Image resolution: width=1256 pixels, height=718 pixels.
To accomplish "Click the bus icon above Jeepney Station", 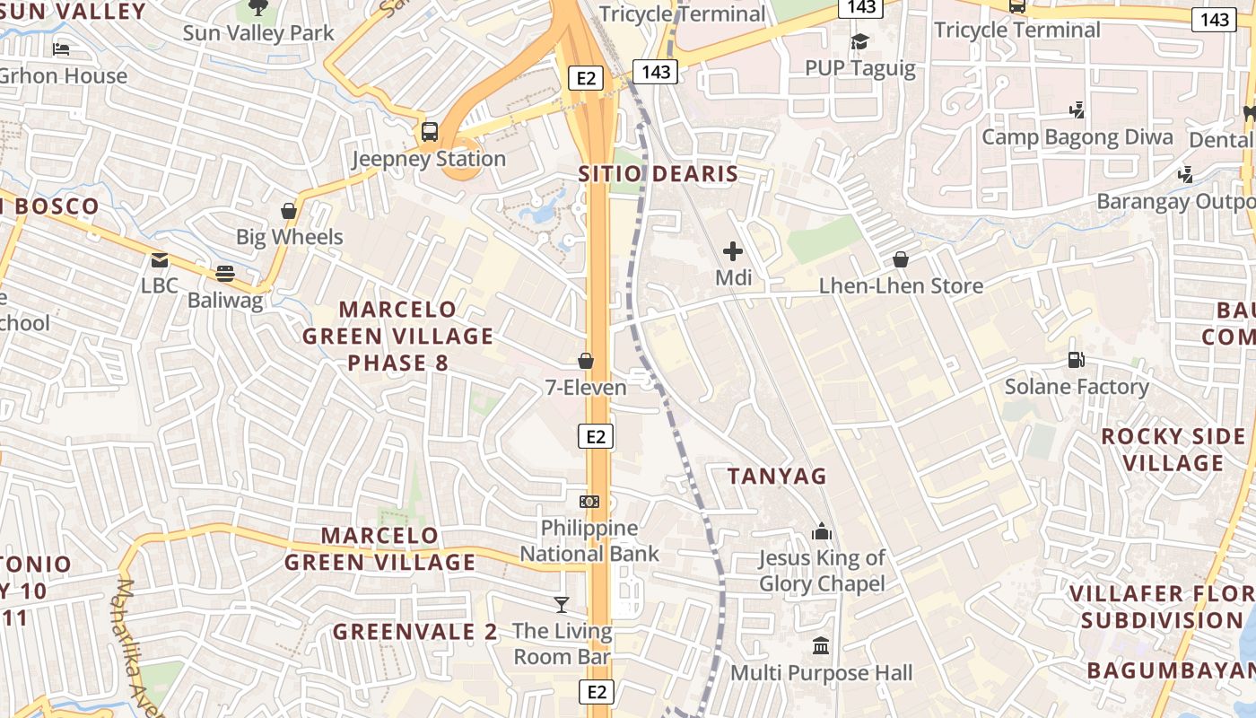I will (x=430, y=132).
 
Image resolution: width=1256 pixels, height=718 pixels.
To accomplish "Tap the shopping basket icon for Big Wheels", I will (x=289, y=211).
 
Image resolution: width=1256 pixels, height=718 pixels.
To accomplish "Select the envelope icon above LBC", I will (x=160, y=260).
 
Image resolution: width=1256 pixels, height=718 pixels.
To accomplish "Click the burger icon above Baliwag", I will (x=225, y=274).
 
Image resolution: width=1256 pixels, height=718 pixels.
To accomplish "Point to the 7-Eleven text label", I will (x=586, y=388).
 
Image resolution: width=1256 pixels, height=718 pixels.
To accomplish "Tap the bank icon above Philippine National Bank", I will (x=589, y=501).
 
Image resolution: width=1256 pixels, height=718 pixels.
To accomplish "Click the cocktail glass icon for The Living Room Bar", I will (x=562, y=604).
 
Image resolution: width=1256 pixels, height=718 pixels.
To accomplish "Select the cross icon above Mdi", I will (x=733, y=251).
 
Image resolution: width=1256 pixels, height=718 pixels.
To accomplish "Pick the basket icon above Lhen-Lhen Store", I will (x=901, y=259).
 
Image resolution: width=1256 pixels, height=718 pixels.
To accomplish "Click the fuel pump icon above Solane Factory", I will (x=1076, y=360).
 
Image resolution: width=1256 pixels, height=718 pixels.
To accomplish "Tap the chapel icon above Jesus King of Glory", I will (x=822, y=531).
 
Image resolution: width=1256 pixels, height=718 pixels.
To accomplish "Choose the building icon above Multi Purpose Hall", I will (x=821, y=645).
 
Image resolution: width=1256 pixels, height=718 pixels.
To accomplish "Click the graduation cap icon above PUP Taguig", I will (x=859, y=41).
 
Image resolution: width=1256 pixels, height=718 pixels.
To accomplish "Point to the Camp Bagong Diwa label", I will (x=1077, y=137).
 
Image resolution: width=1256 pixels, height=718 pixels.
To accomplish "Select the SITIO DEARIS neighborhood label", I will (x=658, y=174).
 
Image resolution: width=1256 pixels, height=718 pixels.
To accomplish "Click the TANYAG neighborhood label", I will (x=777, y=476).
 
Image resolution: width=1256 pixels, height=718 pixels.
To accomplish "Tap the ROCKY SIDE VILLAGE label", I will (x=1173, y=450).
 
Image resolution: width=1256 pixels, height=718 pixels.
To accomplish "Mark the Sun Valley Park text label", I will (x=258, y=33).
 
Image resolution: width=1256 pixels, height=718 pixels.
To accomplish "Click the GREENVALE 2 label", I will (x=414, y=632).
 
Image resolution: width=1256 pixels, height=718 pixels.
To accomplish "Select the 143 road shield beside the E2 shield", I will (x=657, y=72).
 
